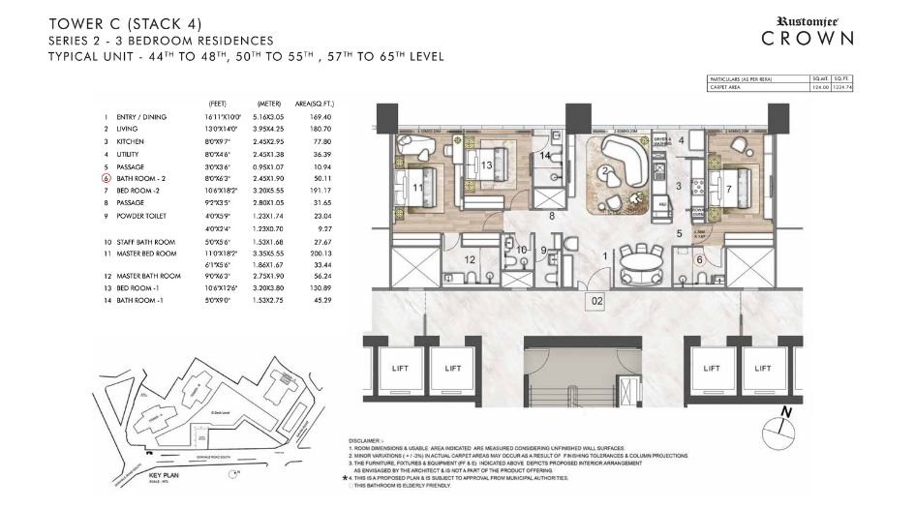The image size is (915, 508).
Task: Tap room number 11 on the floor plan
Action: tap(417, 189)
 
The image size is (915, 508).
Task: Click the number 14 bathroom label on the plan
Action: tap(545, 155)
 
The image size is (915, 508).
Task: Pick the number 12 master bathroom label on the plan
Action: tap(469, 258)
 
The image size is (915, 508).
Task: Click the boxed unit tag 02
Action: tap(597, 302)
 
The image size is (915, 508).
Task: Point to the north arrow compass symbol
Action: tap(787, 423)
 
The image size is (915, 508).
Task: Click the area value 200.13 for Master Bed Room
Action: tap(331, 254)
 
